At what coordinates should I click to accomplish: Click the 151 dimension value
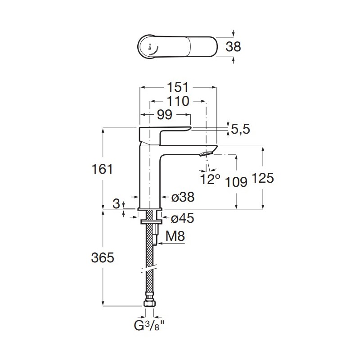click(x=178, y=87)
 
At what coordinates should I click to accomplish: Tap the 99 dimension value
click(x=165, y=114)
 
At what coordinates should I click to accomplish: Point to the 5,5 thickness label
click(x=240, y=129)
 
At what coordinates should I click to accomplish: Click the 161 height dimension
click(x=102, y=169)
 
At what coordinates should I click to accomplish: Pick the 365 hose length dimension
click(x=103, y=257)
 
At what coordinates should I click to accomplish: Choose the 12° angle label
click(x=210, y=179)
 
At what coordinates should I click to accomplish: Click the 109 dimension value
click(x=236, y=182)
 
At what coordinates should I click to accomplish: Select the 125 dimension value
click(x=263, y=178)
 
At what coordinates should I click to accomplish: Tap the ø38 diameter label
click(x=183, y=197)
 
